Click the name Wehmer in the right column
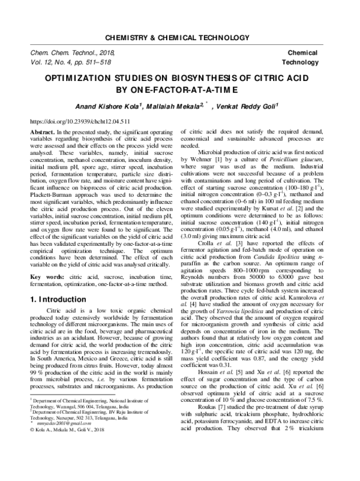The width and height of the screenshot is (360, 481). pyautogui.click(x=203, y=162)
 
